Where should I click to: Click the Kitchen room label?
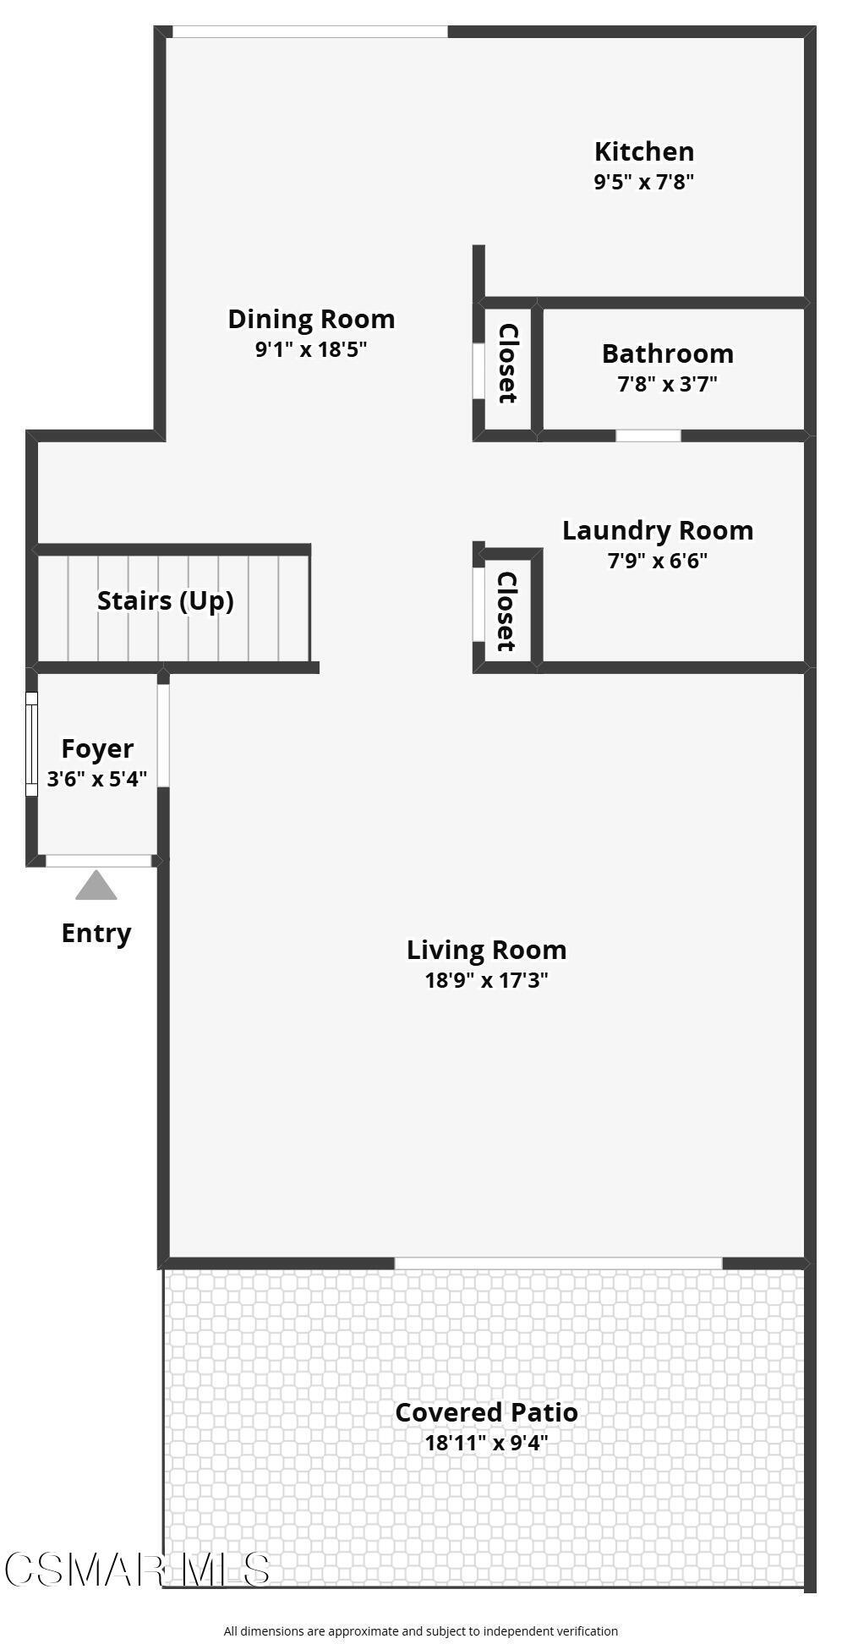coord(644,151)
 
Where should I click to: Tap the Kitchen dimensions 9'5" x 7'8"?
coord(644,182)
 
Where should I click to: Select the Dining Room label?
coord(311,319)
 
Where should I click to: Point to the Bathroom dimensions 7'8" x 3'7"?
coord(667,384)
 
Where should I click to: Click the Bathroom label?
coord(667,353)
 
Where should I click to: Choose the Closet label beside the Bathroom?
coord(507,364)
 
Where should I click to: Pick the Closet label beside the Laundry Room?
coord(506,611)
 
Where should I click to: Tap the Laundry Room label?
coord(658,530)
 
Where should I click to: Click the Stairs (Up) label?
coord(166,600)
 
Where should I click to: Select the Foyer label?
coord(97,748)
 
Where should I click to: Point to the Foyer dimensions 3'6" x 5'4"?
coord(97,779)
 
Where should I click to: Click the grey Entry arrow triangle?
coord(96,886)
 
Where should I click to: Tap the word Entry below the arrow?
coord(96,933)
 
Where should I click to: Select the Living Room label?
coord(486,950)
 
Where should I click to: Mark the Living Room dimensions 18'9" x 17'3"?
coord(486,980)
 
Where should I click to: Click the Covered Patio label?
coord(486,1412)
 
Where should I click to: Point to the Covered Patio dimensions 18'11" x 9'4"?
coord(486,1443)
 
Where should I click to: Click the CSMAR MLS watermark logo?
coord(137,1570)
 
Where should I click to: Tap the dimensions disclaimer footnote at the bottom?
coord(420,1631)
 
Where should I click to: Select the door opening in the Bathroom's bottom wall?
coord(648,436)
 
